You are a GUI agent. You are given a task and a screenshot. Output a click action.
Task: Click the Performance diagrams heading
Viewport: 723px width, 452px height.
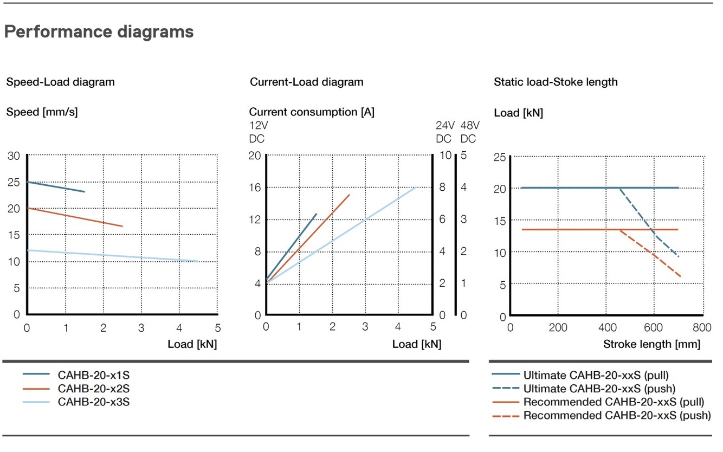point(99,32)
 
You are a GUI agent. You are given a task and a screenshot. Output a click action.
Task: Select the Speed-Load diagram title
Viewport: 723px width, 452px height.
point(60,82)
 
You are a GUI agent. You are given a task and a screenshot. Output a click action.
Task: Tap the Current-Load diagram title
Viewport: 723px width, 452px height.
point(306,82)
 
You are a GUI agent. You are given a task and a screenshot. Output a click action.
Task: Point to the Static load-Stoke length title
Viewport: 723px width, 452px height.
point(556,82)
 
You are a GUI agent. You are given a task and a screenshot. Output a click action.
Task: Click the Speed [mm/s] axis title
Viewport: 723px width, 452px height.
point(42,113)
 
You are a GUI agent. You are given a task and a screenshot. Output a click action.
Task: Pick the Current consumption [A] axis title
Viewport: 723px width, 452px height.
point(312,112)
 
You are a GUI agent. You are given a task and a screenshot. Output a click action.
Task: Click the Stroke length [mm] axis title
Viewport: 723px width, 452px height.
point(651,344)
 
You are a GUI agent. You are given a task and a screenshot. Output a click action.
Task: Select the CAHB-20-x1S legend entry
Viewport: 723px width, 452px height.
point(93,374)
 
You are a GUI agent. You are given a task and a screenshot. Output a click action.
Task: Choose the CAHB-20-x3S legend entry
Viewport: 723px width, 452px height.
point(93,402)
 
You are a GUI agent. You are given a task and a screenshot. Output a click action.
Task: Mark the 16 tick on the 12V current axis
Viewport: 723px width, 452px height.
point(255,188)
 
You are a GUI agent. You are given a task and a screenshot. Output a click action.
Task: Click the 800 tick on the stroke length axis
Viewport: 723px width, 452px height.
point(701,327)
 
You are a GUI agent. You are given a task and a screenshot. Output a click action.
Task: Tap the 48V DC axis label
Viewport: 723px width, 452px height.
point(469,132)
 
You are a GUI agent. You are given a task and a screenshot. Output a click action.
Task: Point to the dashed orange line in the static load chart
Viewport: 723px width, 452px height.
point(650,254)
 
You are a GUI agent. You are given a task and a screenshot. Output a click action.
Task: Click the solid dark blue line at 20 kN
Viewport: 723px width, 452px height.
point(569,188)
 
